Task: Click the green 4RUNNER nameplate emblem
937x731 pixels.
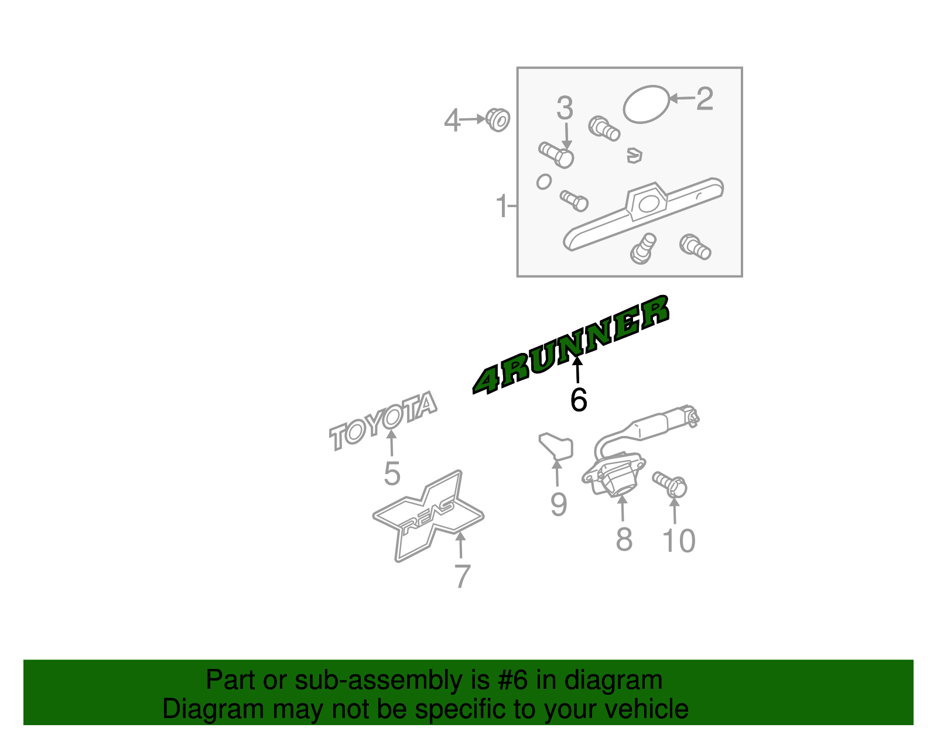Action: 571,345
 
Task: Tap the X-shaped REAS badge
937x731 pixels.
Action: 429,515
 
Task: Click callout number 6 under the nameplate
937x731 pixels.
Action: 578,400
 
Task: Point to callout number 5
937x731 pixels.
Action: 392,473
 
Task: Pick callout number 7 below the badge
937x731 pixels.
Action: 462,576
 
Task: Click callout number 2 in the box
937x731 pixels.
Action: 705,99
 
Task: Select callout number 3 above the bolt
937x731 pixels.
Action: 565,108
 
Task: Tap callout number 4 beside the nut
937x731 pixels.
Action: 452,121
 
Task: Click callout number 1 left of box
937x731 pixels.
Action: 502,206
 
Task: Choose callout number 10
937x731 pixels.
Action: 678,541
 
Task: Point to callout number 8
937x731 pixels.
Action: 624,540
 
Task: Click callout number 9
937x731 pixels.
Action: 558,505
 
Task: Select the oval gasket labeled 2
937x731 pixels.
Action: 645,104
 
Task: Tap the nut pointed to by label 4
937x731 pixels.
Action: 498,120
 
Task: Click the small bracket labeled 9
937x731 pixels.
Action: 556,446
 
